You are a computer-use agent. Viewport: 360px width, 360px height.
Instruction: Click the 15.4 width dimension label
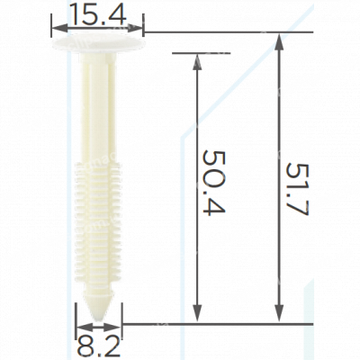(98, 14)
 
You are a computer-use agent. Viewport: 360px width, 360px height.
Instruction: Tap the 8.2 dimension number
(99, 346)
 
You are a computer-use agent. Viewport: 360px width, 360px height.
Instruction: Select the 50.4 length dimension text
(213, 183)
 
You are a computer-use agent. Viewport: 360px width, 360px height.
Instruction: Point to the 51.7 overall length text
(297, 189)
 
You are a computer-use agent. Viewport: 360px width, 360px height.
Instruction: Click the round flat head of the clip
(98, 42)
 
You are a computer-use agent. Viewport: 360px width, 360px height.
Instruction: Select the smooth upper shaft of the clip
(98, 108)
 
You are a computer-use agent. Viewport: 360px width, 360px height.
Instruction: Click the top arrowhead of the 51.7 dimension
(279, 41)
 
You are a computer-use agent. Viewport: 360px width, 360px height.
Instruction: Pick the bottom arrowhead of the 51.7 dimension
(279, 314)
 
